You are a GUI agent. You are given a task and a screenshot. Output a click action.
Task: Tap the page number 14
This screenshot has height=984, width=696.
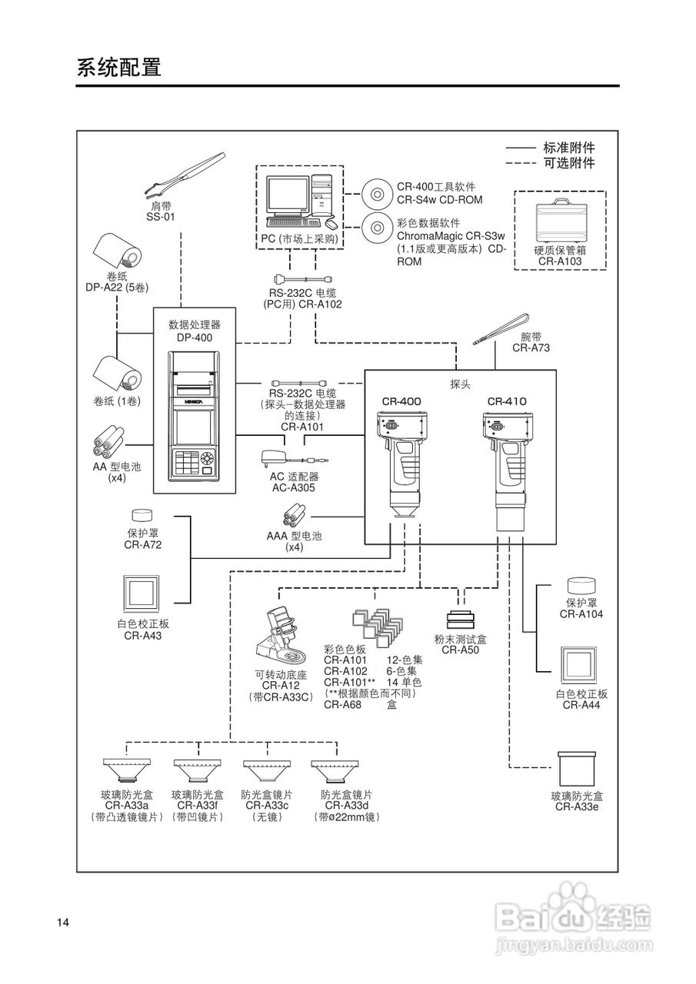(x=63, y=922)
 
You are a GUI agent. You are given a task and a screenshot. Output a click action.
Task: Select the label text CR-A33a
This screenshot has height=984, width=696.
(x=127, y=805)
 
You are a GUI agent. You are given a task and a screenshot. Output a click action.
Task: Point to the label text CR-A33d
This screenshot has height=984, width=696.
(x=346, y=805)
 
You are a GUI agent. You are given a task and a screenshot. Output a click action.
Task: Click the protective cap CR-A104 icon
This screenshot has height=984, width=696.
(x=581, y=587)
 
